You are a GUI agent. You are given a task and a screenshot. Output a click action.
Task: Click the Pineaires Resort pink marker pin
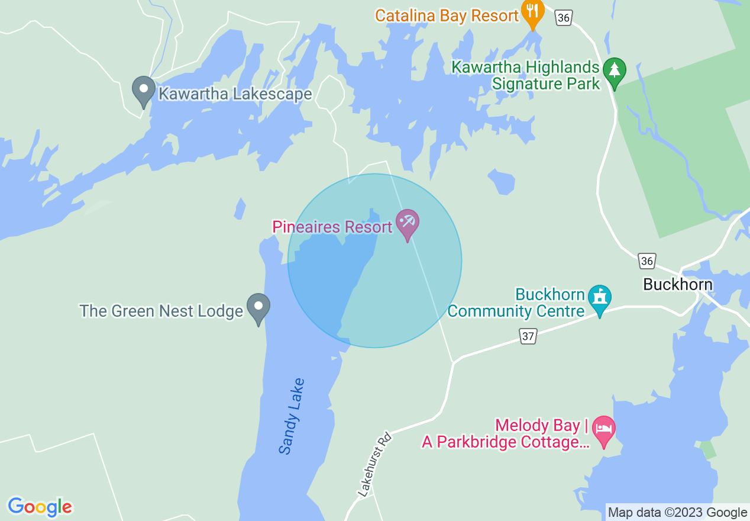coord(407,223)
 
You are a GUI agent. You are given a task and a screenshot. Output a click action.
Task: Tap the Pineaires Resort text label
coord(332,227)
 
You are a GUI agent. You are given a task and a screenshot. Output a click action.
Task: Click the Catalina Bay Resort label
coord(447,15)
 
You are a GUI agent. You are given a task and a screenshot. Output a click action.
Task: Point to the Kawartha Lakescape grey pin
coord(143,91)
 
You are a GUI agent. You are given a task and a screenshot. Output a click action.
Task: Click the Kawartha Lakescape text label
coord(235,94)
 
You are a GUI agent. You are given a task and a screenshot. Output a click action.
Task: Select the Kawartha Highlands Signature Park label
coord(526,75)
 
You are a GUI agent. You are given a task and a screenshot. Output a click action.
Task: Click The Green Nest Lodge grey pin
coord(258,307)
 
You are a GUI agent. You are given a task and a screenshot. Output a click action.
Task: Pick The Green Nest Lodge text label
coord(161,311)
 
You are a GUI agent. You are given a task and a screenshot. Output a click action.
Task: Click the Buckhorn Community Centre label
coord(516,303)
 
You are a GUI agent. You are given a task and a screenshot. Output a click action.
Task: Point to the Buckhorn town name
coord(678,285)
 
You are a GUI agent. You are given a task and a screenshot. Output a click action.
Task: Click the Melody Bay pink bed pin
coord(604,429)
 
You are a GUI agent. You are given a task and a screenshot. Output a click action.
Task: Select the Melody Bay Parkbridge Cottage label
coord(506,434)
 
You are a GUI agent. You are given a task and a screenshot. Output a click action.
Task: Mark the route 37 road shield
coord(528,336)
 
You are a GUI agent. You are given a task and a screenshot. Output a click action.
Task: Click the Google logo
coord(40,507)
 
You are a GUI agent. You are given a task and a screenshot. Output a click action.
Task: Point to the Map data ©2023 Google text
coord(678,513)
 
